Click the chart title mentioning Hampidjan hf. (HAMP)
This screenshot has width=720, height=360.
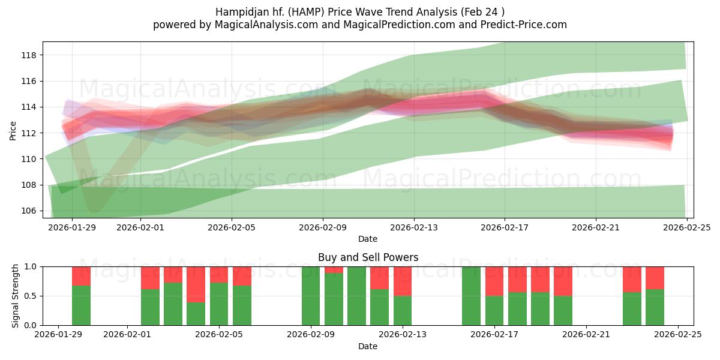click(x=359, y=11)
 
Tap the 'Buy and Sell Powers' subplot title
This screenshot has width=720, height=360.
click(x=368, y=257)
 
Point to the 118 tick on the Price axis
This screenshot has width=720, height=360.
click(x=28, y=55)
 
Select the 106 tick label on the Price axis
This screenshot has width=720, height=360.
click(x=28, y=211)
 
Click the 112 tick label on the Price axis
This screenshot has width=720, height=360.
click(x=28, y=133)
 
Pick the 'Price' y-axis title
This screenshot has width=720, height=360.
click(x=13, y=131)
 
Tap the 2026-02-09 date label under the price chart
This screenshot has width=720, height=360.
click(x=323, y=227)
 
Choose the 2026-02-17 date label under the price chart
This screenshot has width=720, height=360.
click(x=505, y=227)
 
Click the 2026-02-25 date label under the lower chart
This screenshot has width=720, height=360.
click(x=677, y=335)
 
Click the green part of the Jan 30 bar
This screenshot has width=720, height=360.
click(x=81, y=306)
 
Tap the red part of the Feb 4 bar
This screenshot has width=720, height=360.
click(x=196, y=284)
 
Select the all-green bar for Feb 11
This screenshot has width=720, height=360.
click(x=356, y=296)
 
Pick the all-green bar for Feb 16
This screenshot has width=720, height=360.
click(x=471, y=296)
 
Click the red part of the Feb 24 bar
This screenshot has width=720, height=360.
click(x=655, y=277)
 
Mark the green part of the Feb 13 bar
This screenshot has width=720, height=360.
click(x=403, y=311)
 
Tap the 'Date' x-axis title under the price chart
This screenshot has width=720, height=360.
click(x=368, y=239)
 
